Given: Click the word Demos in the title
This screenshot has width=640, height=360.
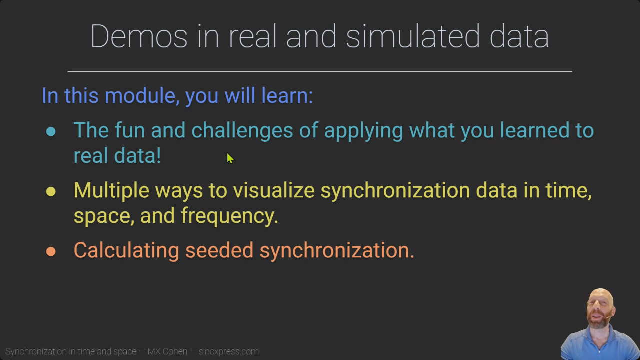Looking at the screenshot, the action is (x=139, y=36).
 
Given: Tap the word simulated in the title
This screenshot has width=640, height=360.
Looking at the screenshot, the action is (x=413, y=36).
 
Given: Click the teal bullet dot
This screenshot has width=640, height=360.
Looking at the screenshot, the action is (x=51, y=131).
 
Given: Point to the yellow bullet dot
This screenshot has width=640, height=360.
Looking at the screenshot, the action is (x=51, y=191).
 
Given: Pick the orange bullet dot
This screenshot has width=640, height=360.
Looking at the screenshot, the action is (x=51, y=251).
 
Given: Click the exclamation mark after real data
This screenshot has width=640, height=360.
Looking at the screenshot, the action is (x=158, y=155).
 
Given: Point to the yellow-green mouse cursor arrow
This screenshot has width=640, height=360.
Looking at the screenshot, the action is (x=230, y=158).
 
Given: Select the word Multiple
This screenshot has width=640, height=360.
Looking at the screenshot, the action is (x=111, y=191).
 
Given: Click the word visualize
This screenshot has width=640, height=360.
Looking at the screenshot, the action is (x=274, y=190).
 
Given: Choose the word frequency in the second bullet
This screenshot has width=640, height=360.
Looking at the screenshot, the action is (x=229, y=216).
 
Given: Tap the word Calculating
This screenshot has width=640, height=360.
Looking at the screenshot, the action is (x=126, y=251).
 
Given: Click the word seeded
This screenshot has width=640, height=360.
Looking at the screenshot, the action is (x=219, y=250).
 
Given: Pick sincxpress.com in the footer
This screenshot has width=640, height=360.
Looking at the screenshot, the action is (x=228, y=351).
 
